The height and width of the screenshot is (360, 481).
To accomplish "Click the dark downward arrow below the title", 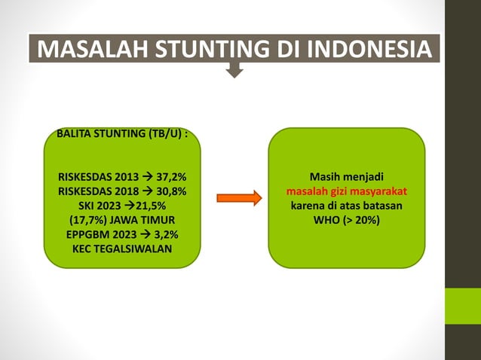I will pos(235,71).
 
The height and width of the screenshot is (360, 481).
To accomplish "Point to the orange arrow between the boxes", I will pos(238,198).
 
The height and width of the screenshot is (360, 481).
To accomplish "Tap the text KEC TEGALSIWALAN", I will pos(122,249).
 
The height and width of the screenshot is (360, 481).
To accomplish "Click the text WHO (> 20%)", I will pos(346,220).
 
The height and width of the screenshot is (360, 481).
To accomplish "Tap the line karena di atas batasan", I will pos(346,206).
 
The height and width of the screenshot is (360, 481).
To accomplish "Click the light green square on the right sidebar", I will pos(462,306).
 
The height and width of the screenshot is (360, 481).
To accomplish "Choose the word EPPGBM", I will pos(87,234).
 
